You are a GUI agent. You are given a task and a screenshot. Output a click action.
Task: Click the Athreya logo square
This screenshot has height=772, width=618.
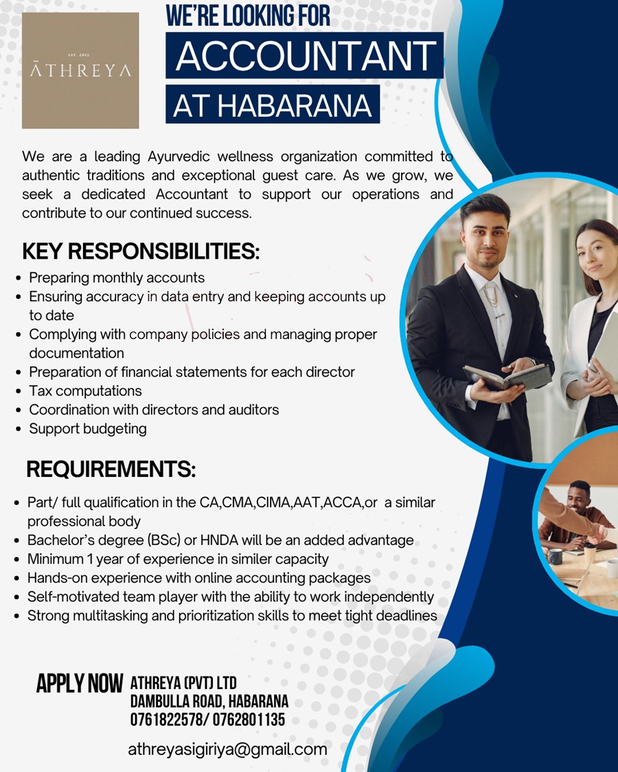coord(80,70)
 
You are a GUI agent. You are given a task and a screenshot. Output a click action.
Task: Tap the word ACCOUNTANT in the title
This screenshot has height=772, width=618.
coord(305,56)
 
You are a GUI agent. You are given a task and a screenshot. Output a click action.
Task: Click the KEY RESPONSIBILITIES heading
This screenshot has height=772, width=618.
coord(141,252)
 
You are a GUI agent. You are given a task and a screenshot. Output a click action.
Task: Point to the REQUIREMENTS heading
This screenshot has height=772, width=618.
coord(111,470)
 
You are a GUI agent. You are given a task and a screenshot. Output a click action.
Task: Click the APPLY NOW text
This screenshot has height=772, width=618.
coord(79,683)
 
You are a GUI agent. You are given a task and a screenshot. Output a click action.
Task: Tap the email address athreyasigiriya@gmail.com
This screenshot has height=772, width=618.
coord(227,749)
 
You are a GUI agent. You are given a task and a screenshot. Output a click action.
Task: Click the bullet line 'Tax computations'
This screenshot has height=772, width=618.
coord(85,391)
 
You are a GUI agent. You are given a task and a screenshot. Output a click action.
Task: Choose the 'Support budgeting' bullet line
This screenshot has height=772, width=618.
coord(87,429)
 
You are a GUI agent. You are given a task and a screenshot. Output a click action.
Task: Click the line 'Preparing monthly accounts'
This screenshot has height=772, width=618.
coord(117,278)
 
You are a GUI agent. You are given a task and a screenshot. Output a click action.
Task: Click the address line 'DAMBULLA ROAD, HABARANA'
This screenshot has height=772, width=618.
coord(209,702)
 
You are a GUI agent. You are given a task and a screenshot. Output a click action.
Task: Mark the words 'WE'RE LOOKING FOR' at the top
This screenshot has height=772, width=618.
coord(248,16)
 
